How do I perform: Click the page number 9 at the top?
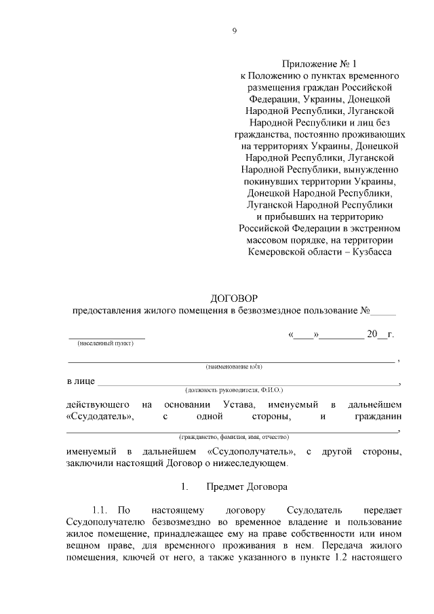click(234, 31)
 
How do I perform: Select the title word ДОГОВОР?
click(234, 298)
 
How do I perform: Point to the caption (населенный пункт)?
click(106, 343)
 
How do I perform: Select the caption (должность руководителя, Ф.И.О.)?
click(234, 391)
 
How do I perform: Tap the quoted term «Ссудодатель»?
click(100, 417)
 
